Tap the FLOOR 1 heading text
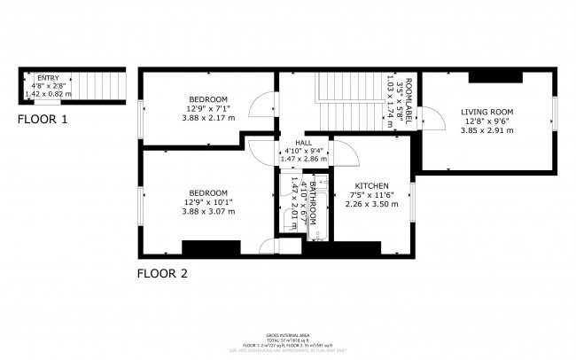(43, 118)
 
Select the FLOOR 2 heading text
(162, 273)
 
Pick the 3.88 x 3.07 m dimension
(208, 212)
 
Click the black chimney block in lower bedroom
(211, 247)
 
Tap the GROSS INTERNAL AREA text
(287, 335)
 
